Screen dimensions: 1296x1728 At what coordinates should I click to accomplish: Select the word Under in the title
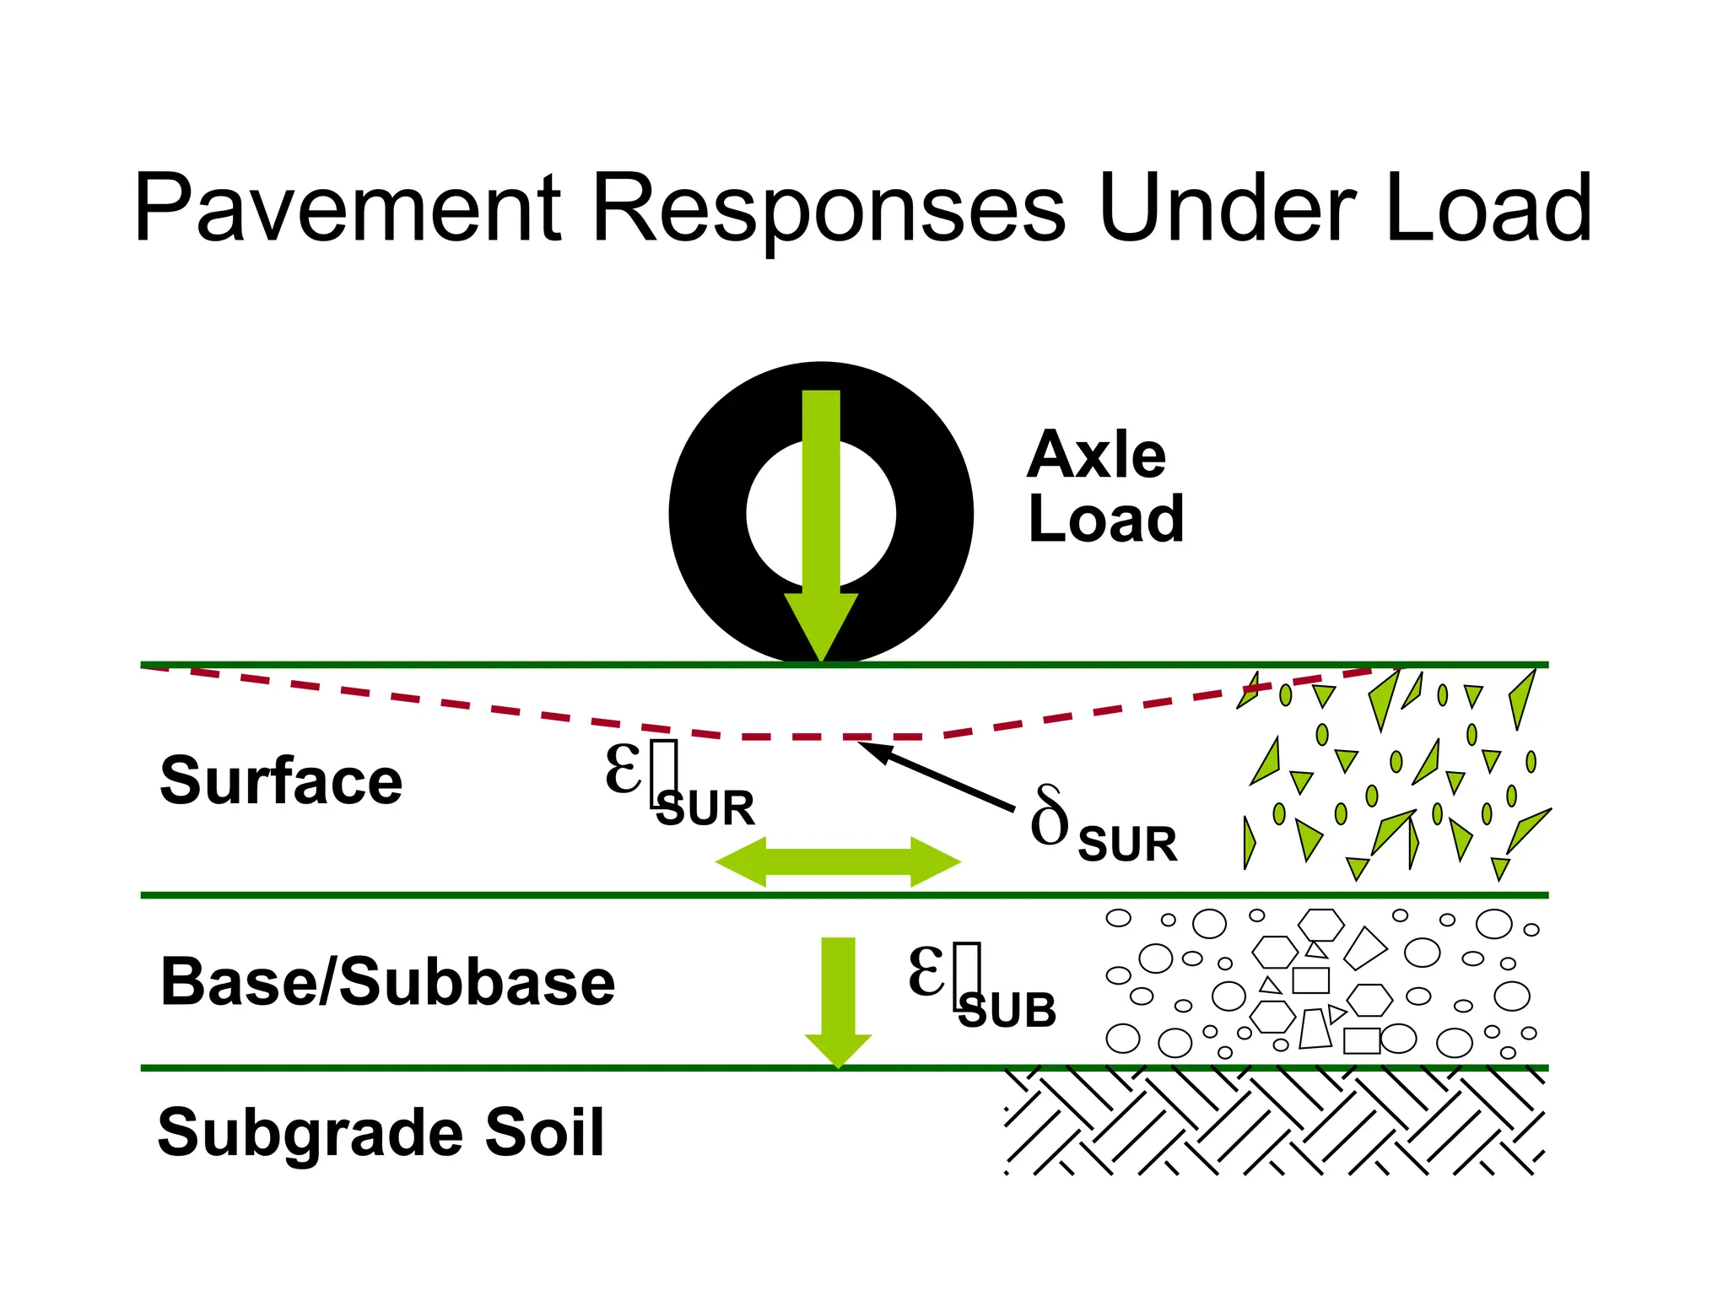click(1228, 208)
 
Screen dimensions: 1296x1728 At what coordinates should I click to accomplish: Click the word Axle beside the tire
click(1096, 456)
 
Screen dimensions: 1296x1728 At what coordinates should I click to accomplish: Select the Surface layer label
click(281, 781)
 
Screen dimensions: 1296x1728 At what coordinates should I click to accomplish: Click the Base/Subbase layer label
click(387, 983)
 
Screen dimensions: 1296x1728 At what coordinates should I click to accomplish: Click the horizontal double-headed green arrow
click(838, 861)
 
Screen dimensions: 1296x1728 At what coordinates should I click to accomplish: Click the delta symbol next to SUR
click(1050, 817)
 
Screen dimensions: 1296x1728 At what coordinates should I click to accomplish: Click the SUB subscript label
click(1007, 1011)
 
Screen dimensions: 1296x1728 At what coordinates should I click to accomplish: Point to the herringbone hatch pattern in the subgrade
click(1274, 1122)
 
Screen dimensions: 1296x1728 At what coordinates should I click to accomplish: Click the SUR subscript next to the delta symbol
click(1127, 845)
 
